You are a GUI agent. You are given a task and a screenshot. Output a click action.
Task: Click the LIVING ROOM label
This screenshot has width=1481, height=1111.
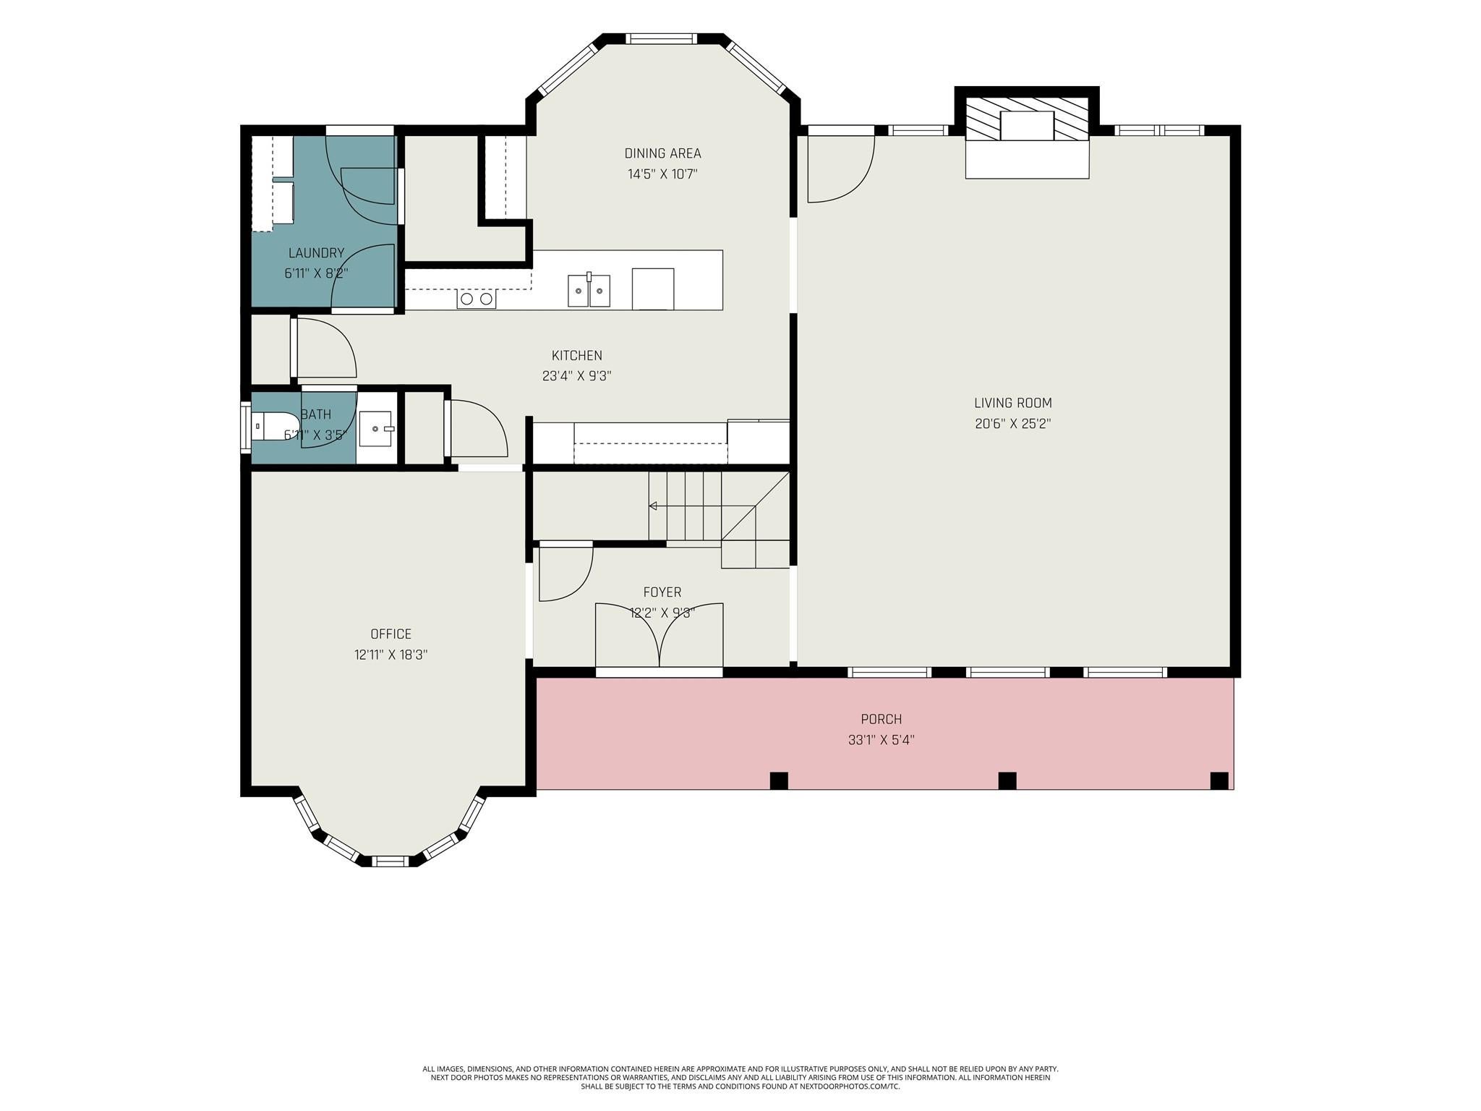[x=1012, y=404]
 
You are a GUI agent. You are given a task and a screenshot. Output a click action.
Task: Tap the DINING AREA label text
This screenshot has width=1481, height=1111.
[x=662, y=153]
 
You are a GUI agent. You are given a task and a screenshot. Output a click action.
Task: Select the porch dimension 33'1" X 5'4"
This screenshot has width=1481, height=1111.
[x=882, y=740]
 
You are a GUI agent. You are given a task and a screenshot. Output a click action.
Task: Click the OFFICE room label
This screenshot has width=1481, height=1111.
[x=390, y=634]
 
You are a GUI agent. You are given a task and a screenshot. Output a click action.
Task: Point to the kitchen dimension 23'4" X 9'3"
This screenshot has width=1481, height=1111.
[x=577, y=376]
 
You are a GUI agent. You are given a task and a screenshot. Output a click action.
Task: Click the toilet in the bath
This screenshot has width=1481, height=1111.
[x=276, y=426]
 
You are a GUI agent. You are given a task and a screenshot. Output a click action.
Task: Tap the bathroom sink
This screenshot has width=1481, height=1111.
[x=377, y=429]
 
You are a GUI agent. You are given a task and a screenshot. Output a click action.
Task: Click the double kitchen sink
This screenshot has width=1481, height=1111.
[x=589, y=290]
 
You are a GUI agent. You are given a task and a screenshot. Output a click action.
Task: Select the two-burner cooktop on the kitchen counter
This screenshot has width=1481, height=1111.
[x=477, y=299]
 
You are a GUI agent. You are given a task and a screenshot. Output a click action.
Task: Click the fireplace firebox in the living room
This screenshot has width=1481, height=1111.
[x=1027, y=126]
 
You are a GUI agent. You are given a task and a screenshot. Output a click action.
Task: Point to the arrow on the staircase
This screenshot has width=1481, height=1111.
[x=702, y=506]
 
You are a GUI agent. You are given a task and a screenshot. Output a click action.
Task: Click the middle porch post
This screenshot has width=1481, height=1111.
[x=1007, y=780]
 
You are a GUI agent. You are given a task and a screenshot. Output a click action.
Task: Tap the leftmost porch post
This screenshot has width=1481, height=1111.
[x=779, y=780]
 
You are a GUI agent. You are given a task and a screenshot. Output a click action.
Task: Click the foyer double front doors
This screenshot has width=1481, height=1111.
[x=659, y=635]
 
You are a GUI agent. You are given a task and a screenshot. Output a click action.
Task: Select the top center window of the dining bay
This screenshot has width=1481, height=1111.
[x=660, y=38]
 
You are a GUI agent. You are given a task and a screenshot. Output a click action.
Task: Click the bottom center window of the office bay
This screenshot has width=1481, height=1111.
[x=390, y=861]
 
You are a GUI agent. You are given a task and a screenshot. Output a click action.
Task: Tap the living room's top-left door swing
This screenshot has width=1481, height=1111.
[x=841, y=169]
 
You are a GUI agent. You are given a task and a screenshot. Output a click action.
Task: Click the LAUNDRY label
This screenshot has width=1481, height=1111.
[x=316, y=253]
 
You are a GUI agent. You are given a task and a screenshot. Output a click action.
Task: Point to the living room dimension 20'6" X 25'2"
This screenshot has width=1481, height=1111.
[x=1012, y=424]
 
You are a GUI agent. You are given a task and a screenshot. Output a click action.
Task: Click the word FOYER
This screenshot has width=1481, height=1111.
[x=662, y=592]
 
